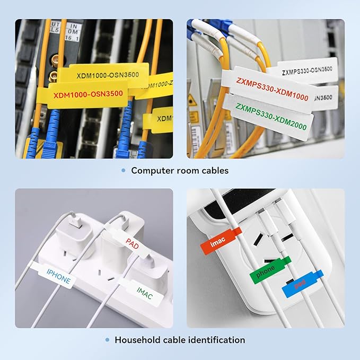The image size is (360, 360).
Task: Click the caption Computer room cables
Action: coord(180,170)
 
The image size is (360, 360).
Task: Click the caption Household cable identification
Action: coord(180,340)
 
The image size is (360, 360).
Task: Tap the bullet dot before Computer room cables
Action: coord(123,170)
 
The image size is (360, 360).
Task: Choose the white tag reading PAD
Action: coord(133,242)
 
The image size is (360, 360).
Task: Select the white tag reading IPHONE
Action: coord(56,275)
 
